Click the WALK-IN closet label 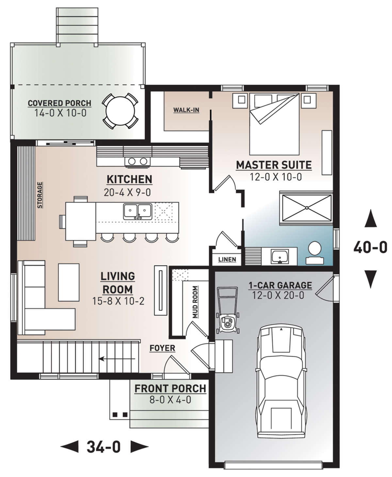pos(186,110)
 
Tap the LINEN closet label pos(227,260)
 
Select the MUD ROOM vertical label pos(195,302)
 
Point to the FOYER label pos(162,348)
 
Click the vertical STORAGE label pos(40,195)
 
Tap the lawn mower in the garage pos(228,310)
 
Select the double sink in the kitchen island pos(138,211)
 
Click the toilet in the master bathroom pos(315,253)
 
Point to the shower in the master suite pos(307,208)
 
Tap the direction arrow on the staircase pos(117,358)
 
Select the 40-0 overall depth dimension pos(370,248)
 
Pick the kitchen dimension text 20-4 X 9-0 pos(127,192)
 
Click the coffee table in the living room pos(69,282)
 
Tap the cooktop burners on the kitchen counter pos(138,161)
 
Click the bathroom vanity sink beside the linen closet pos(280,257)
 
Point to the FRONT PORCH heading pos(171,389)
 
